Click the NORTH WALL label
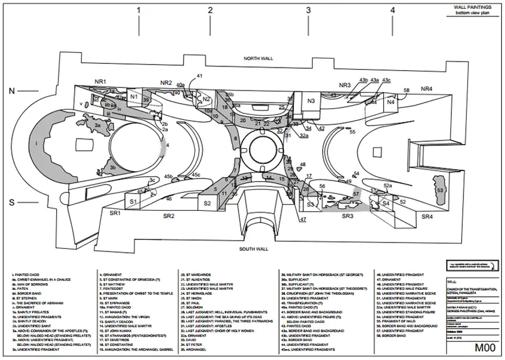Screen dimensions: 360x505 tap(257, 59)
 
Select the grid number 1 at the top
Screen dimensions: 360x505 tap(139, 10)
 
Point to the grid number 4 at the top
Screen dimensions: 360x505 tap(393, 10)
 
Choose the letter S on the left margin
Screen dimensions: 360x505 tap(12, 202)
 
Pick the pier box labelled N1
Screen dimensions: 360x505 tap(134, 97)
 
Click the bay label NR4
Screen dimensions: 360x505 tap(427, 89)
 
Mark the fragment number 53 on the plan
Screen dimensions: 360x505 tap(440, 191)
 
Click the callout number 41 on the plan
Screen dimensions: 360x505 tap(200, 76)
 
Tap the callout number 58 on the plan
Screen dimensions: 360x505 tap(407, 90)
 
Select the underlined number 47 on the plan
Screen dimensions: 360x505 tap(302, 219)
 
